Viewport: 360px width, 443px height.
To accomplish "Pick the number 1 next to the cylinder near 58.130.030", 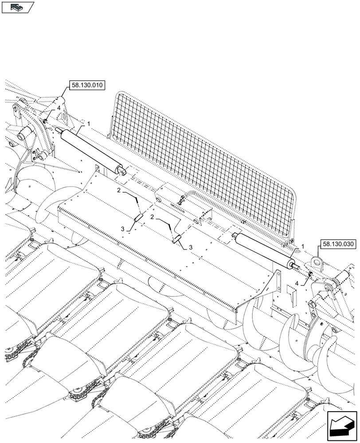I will (302, 247).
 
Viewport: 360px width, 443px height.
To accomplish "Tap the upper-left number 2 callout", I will (119, 190).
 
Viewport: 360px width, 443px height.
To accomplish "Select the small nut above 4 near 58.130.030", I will (309, 275).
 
